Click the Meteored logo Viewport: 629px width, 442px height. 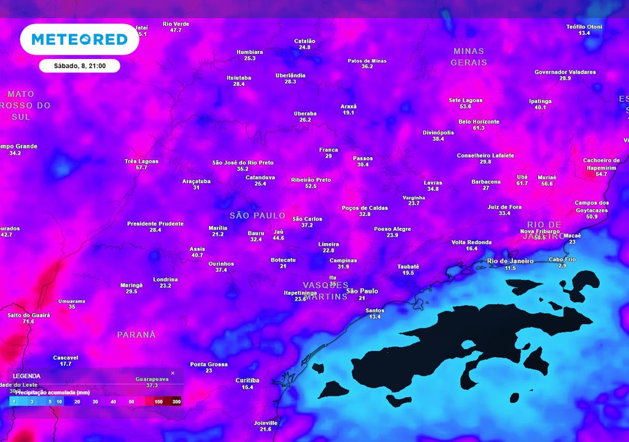click(x=79, y=39)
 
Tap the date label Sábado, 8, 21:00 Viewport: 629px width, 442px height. click(x=79, y=66)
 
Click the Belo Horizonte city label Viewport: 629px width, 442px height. click(x=479, y=122)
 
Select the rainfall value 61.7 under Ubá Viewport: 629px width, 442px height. click(x=522, y=184)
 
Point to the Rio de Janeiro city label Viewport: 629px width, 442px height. click(x=510, y=261)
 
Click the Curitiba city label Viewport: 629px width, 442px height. click(x=248, y=380)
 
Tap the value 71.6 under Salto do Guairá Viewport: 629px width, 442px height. click(x=28, y=322)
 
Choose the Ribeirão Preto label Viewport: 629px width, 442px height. click(x=311, y=180)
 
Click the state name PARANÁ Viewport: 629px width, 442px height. click(x=136, y=335)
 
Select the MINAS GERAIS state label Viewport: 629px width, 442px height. click(x=469, y=56)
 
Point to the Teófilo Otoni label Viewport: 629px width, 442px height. click(x=584, y=26)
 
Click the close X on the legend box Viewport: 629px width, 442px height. click(x=173, y=373)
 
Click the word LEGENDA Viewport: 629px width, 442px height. click(x=26, y=376)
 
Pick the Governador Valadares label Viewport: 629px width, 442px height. click(x=565, y=72)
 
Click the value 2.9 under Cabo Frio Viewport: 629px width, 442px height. click(x=563, y=266)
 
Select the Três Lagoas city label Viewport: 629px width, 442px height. click(x=141, y=161)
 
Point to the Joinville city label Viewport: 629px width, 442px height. click(x=265, y=423)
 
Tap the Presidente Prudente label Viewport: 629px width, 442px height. click(x=155, y=223)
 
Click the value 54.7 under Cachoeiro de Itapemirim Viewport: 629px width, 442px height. click(x=601, y=174)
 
